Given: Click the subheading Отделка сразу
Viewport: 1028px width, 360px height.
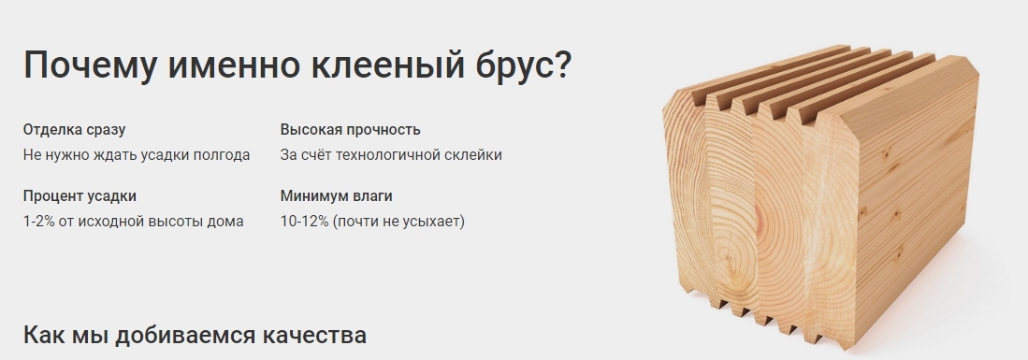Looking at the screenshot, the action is click(x=74, y=130).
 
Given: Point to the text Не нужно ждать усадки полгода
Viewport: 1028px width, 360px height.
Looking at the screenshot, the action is click(x=137, y=155).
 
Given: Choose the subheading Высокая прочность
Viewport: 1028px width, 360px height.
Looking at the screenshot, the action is click(x=350, y=130).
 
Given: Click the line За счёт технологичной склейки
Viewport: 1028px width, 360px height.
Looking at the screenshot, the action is click(x=391, y=155).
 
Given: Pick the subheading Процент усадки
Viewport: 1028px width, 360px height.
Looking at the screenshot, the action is click(x=80, y=196).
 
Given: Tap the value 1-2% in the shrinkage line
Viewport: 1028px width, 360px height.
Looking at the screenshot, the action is click(x=38, y=222).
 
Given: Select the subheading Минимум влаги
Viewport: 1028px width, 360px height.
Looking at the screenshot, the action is click(x=337, y=196).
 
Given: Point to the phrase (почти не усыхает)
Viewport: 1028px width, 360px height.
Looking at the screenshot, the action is click(x=398, y=222).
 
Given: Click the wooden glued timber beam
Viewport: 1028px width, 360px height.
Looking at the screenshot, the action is click(x=821, y=196).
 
